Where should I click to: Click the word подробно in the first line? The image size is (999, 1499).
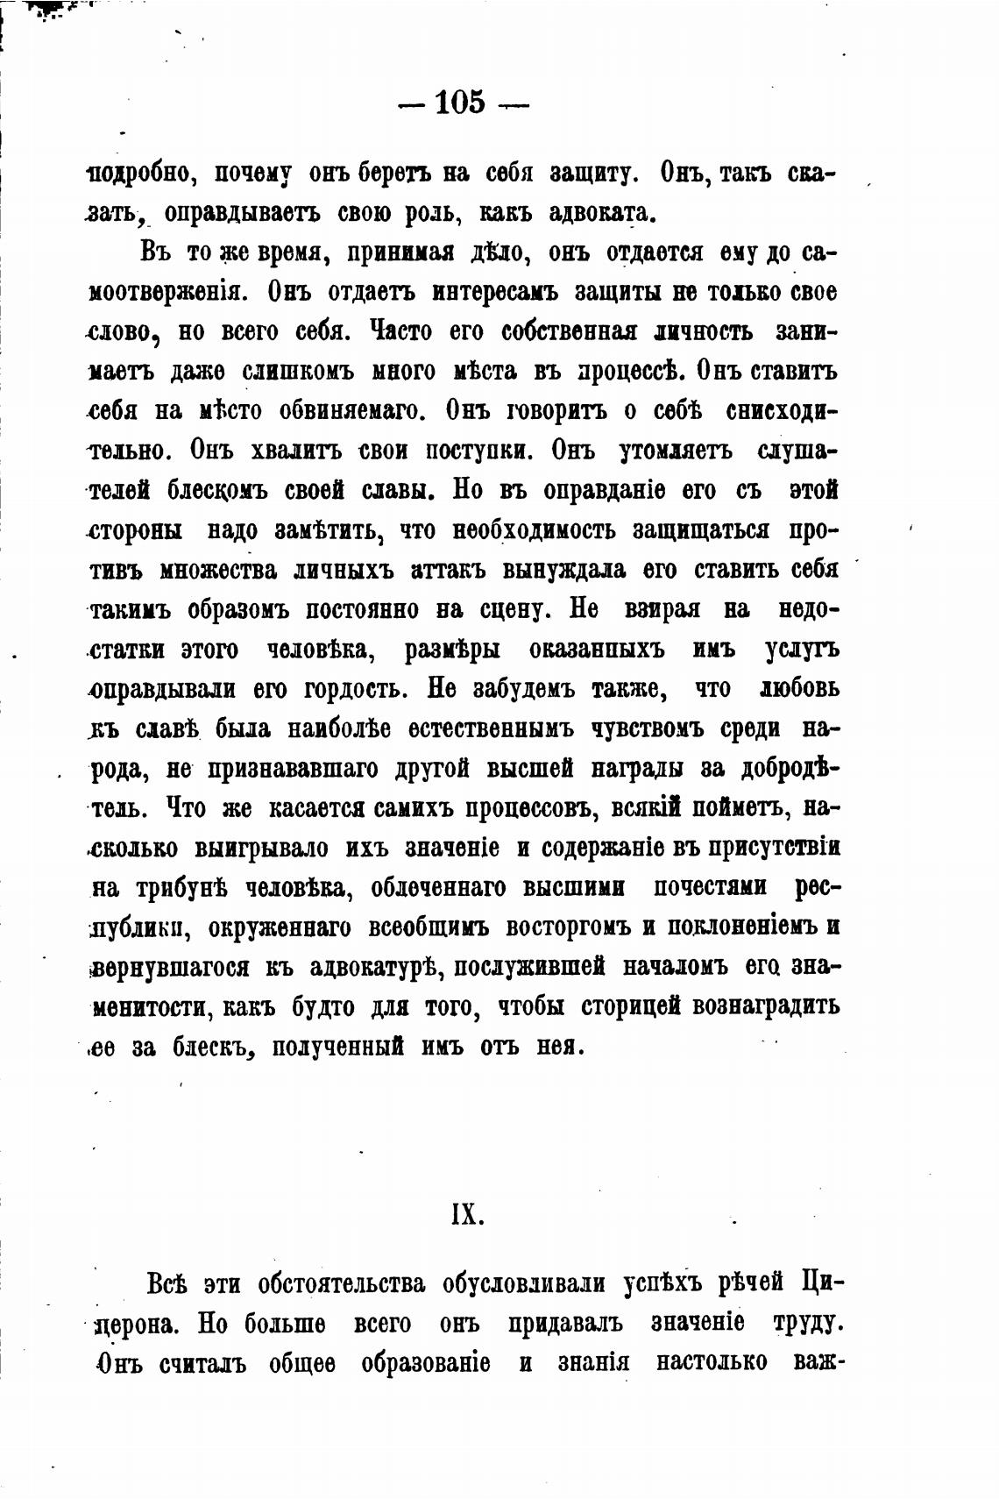(x=140, y=173)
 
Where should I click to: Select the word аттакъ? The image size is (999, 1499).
(x=444, y=571)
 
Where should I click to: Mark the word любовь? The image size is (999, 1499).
(x=798, y=689)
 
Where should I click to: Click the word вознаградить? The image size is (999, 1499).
(x=766, y=1005)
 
